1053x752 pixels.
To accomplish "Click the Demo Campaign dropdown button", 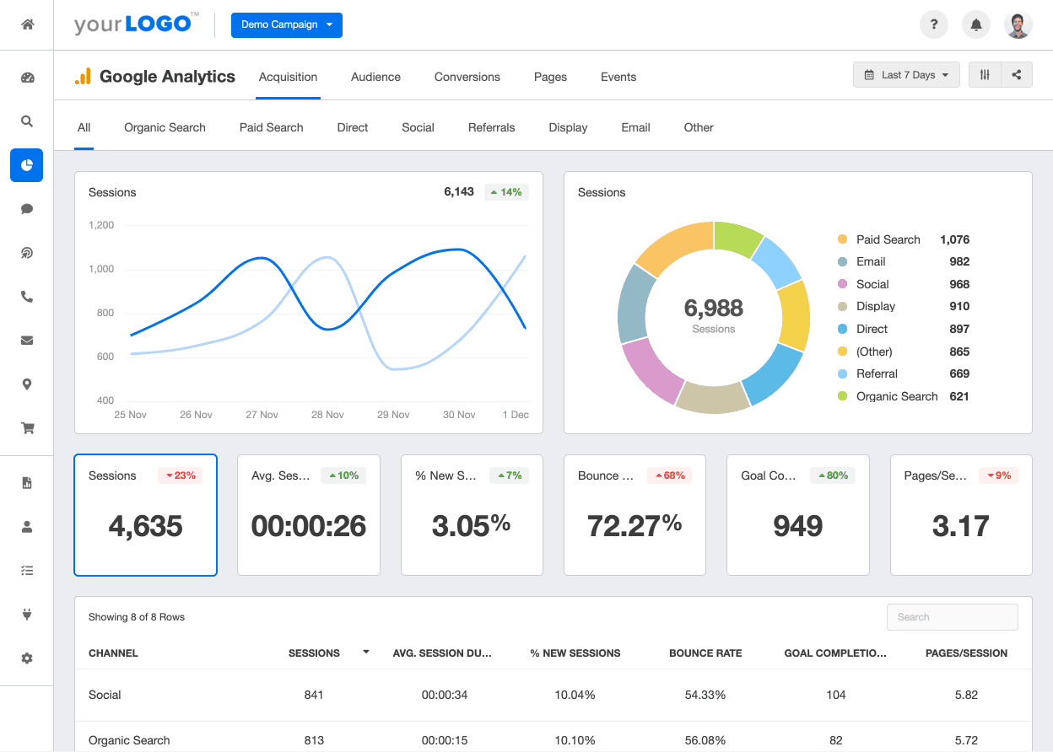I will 286,24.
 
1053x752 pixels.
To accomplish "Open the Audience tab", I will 375,77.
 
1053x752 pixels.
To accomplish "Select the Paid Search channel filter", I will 271,127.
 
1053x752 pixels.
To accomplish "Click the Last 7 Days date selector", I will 906,75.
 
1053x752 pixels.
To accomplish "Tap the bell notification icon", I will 976,24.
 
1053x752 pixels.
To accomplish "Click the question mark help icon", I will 934,24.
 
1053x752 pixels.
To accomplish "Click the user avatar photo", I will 1018,24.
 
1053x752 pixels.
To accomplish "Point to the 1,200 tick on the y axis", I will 100,225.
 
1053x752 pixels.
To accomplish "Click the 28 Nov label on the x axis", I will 327,415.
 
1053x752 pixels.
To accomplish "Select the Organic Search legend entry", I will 896,396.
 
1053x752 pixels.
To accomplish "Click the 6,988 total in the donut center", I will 714,309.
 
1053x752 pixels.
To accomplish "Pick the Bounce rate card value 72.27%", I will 634,526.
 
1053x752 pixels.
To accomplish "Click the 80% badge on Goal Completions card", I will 833,475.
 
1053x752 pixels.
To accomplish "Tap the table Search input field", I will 952,617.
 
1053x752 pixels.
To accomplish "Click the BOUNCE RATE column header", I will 705,653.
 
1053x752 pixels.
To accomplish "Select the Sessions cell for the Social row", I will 314,695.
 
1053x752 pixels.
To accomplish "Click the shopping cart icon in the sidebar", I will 27,428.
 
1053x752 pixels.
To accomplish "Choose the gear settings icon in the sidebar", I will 27,658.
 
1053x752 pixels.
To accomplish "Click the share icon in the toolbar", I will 1017,75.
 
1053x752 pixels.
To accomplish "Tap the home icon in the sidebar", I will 27,24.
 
